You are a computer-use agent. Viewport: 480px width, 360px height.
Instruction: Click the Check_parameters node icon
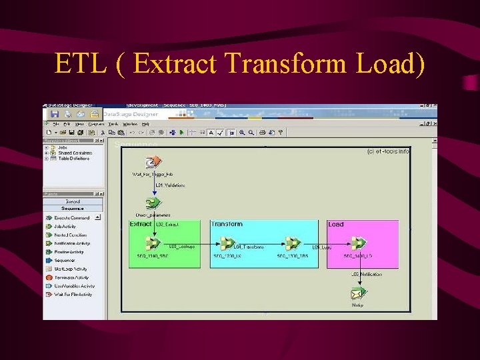153,203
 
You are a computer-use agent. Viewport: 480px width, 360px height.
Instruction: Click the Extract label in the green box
141,225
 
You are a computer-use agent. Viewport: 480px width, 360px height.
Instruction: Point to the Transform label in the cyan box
227,225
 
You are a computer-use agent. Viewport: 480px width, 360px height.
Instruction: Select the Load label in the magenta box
336,225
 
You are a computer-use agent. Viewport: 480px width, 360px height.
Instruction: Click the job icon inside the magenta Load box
359,243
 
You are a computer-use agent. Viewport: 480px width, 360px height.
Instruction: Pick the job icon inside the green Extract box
153,243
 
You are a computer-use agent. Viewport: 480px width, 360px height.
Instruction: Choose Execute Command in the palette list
71,218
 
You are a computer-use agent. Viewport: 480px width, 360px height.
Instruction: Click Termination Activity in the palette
71,277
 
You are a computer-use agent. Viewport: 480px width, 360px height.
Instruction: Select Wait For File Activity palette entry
73,294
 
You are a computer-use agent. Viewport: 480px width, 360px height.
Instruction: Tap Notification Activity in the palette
72,243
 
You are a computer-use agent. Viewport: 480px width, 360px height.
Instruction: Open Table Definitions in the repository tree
74,159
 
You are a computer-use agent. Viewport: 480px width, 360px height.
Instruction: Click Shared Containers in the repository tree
75,153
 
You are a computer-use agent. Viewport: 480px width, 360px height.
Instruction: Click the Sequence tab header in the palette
73,208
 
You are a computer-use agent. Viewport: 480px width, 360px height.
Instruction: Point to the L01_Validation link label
170,185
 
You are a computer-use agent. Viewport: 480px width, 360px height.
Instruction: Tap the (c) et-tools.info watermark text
388,152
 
